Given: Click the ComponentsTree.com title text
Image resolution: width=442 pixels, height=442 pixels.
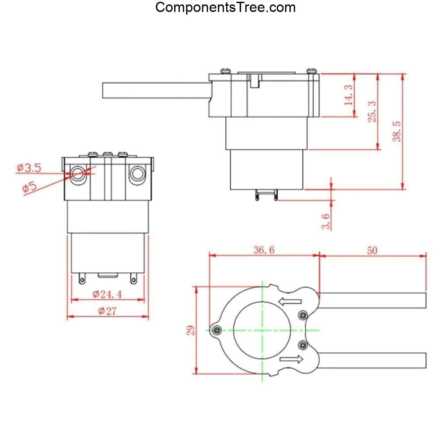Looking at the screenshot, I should click(x=225, y=8).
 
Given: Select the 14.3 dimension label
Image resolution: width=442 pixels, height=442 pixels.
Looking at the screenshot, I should click(x=349, y=95).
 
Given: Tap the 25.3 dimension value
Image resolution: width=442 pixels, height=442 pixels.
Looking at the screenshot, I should click(x=373, y=111).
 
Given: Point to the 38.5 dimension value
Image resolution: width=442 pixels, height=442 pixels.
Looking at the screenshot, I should click(x=397, y=131).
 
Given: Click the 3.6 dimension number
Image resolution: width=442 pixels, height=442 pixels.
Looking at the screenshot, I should click(x=326, y=221).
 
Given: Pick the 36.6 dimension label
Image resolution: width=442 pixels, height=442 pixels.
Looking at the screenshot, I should click(x=264, y=250).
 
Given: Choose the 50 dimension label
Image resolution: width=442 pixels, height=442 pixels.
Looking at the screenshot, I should click(x=372, y=250).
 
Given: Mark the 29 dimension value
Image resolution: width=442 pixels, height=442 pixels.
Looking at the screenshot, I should click(x=191, y=330).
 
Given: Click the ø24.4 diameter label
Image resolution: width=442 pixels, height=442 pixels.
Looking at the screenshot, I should click(x=107, y=294).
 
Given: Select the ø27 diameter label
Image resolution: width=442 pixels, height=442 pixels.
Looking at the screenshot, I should click(x=107, y=311).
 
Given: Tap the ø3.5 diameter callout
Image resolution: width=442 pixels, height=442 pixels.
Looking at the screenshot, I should click(x=29, y=168).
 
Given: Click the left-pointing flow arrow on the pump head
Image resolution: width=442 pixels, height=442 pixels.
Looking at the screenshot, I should click(x=290, y=302).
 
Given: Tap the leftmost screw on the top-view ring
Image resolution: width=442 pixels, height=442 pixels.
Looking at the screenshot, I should click(x=217, y=330).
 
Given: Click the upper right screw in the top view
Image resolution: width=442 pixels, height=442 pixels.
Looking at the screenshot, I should click(x=303, y=315).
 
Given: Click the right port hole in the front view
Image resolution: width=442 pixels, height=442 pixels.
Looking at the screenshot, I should click(x=137, y=174).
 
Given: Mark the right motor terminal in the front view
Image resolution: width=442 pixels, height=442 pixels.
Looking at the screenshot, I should click(x=133, y=279).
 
